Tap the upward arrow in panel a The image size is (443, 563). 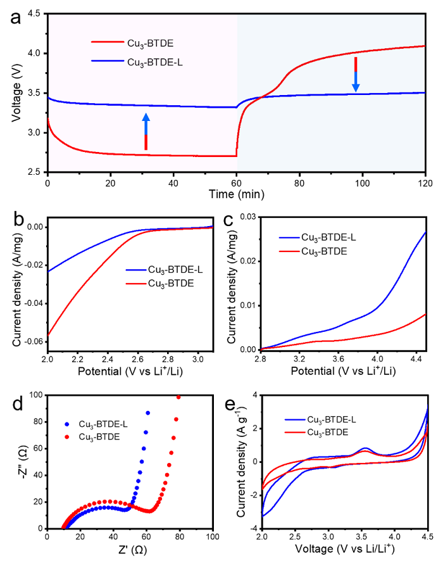click(x=146, y=131)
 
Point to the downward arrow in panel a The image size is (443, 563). click(x=356, y=74)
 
